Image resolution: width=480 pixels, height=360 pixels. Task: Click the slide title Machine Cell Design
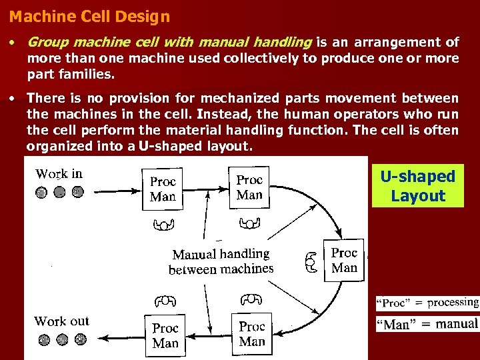(x=90, y=17)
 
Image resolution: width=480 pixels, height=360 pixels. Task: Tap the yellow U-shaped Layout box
(x=417, y=186)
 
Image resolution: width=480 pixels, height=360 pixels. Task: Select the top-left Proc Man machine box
(x=163, y=189)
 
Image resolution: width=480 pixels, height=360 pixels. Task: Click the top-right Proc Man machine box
(x=249, y=187)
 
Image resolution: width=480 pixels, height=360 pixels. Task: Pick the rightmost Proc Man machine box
(x=344, y=260)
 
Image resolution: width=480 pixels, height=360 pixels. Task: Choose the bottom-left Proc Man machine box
(x=165, y=335)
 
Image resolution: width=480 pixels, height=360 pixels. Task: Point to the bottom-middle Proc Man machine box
(x=252, y=333)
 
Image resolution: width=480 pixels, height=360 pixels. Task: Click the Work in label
(x=59, y=174)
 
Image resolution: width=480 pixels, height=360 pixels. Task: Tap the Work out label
(x=61, y=321)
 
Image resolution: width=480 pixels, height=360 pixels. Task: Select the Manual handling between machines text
(x=221, y=261)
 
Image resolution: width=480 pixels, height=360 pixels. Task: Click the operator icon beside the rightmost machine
(x=311, y=262)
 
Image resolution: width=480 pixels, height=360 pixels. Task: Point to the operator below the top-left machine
(x=163, y=223)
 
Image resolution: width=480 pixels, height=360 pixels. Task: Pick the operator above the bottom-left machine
(x=165, y=302)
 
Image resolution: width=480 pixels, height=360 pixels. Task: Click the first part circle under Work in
(x=41, y=193)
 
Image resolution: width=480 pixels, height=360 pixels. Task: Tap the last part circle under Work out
(x=81, y=339)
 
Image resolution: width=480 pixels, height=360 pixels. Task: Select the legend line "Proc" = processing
(x=427, y=303)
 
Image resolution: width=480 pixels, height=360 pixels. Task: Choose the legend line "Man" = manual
(x=427, y=324)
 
